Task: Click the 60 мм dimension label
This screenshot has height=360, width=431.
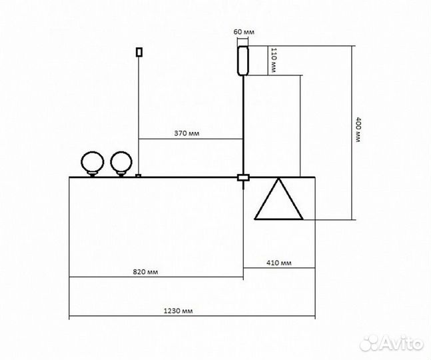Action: (x=244, y=32)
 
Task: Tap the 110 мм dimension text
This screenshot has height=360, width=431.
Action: (x=274, y=60)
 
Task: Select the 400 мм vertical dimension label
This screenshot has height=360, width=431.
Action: (x=358, y=130)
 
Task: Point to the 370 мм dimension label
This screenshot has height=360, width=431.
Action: (x=187, y=133)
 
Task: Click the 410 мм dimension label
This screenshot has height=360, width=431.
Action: (x=279, y=263)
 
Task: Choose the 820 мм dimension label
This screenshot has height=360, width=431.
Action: (x=145, y=272)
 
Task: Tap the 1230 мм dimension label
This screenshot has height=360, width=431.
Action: (x=178, y=311)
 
